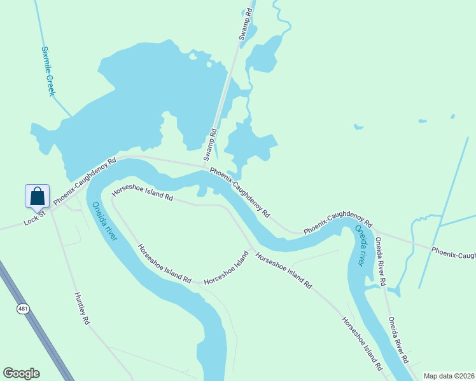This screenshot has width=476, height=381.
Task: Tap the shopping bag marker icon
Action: coord(37,196)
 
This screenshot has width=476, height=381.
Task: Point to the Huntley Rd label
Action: coord(82,309)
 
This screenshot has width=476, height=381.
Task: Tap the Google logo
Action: coord(21,373)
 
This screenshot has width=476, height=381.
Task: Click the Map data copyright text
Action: coord(449,376)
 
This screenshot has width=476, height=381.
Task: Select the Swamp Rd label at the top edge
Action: coord(246,25)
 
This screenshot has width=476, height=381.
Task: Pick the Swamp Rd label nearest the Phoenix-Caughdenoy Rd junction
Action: coord(210,145)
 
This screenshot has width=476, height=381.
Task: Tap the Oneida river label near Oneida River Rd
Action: coord(363,245)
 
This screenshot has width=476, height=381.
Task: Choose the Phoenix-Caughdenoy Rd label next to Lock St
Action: coord(85,182)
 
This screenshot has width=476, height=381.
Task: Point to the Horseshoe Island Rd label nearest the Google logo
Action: coord(165,264)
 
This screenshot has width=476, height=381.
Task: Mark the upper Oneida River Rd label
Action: coord(381,260)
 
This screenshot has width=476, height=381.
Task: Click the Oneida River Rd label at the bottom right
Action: coord(398,340)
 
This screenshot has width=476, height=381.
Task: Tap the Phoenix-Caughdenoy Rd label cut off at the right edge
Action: coord(453,253)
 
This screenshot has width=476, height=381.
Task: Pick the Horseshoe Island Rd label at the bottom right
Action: coord(362,345)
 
